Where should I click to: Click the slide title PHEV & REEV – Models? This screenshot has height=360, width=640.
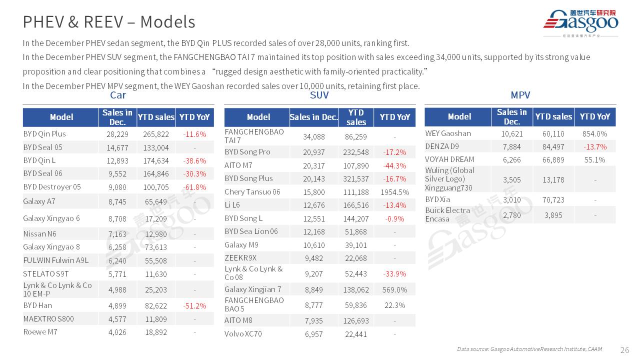(x=109, y=22)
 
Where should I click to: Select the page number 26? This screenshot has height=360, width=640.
(x=624, y=349)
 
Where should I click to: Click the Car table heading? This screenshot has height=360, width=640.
(x=118, y=95)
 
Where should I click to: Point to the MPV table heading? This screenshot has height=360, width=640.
(x=520, y=95)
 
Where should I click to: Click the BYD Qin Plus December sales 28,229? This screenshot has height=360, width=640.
(x=117, y=134)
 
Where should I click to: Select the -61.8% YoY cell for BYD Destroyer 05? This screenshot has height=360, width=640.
(x=194, y=187)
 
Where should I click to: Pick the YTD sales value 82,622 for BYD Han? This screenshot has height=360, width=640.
(x=155, y=305)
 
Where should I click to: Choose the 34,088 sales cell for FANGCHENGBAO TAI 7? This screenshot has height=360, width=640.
(x=314, y=136)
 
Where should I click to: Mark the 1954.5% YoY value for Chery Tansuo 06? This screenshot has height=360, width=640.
(x=394, y=192)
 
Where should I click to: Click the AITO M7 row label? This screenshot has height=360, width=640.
(x=238, y=165)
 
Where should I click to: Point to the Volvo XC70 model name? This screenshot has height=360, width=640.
(x=243, y=333)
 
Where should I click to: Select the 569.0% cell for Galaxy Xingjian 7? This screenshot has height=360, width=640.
(x=394, y=289)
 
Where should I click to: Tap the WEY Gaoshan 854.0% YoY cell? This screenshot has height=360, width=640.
(x=594, y=133)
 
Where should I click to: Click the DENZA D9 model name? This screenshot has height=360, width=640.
(x=442, y=146)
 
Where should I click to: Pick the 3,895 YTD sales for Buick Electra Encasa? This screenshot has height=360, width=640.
(x=553, y=215)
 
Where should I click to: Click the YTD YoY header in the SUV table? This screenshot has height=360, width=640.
(x=394, y=117)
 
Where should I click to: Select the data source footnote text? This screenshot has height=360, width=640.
(x=529, y=349)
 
